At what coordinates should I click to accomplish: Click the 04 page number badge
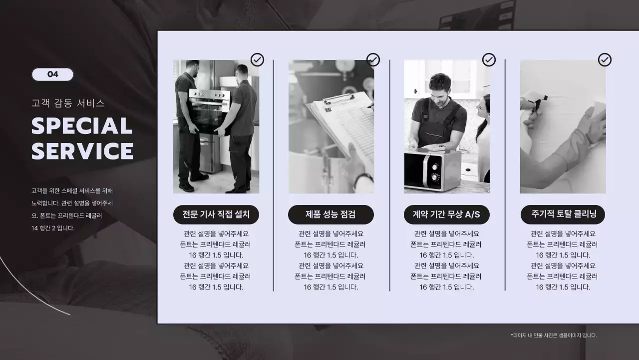(52, 74)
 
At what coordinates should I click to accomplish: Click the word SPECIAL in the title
(82, 126)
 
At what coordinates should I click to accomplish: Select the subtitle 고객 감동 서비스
(68, 103)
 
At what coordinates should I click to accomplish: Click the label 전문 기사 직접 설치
(216, 214)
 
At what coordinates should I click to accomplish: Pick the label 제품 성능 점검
(330, 214)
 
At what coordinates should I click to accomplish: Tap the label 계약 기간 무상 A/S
(446, 214)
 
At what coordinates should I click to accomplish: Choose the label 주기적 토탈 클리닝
(563, 214)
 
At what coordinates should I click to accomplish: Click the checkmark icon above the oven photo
(257, 60)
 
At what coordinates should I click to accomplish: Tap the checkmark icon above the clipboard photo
(373, 60)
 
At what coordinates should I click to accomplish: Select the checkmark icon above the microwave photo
(489, 60)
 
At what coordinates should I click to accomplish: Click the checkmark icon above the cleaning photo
(605, 60)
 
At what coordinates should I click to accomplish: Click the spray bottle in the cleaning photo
(532, 102)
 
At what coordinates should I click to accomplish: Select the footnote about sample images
(554, 335)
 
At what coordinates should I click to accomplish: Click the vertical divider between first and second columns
(274, 175)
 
